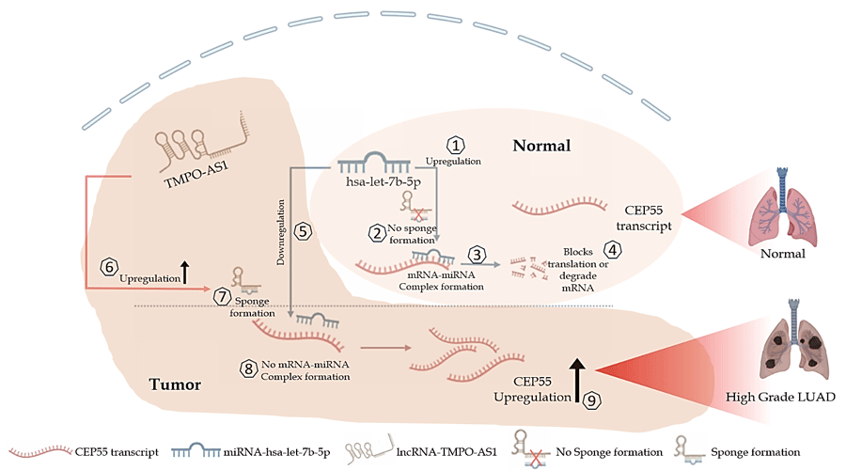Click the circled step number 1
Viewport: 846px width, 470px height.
[x=455, y=145]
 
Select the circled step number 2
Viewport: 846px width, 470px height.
[x=375, y=231]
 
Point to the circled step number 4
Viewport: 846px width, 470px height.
[x=612, y=250]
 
